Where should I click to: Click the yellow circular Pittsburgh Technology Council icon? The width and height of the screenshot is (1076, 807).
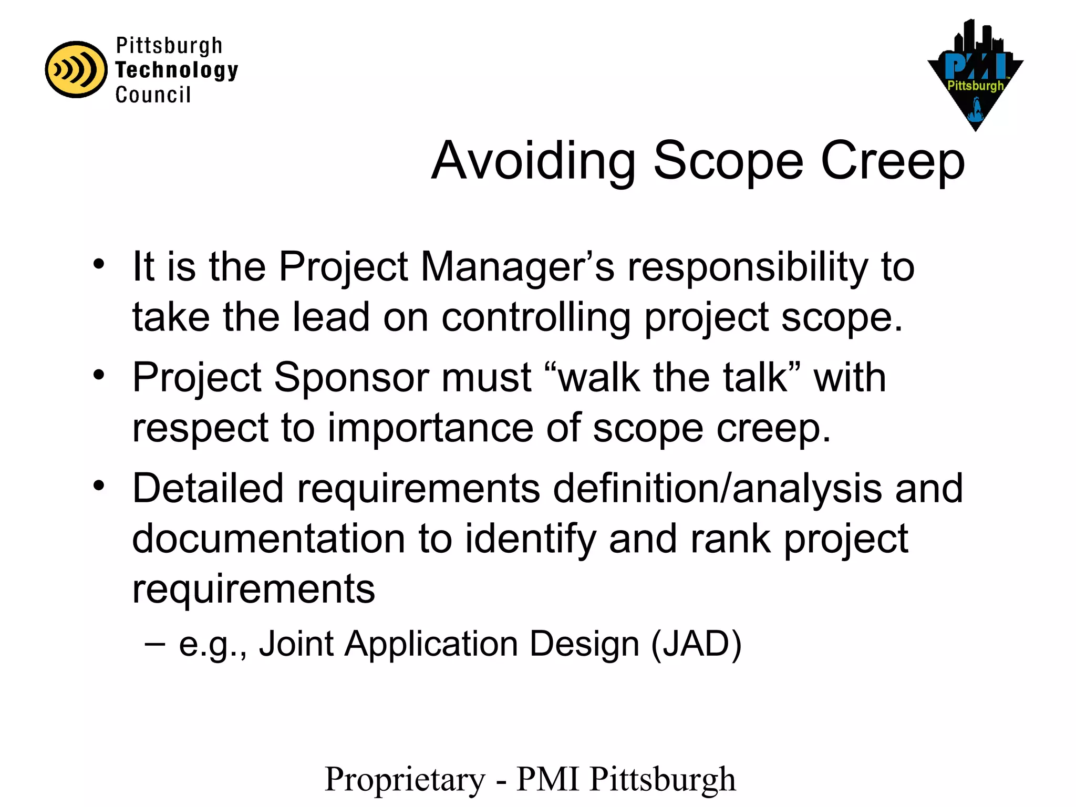[x=76, y=70]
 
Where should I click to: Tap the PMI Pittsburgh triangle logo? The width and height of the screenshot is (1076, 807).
[x=975, y=76]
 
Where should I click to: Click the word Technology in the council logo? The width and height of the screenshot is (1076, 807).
[x=177, y=70]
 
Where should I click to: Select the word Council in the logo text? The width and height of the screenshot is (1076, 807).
[x=153, y=95]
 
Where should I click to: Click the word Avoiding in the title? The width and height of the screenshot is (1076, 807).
[x=533, y=161]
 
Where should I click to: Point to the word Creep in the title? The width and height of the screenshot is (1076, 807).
[x=893, y=161]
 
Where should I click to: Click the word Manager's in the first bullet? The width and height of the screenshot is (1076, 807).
[x=517, y=267]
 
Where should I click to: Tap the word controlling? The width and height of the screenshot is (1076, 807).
[x=535, y=317]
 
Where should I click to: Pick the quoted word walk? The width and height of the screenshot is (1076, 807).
[x=593, y=378]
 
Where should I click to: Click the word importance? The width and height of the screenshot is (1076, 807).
[x=430, y=428]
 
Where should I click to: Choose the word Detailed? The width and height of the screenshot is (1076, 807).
[x=208, y=488]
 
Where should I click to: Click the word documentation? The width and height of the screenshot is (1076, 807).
[x=268, y=539]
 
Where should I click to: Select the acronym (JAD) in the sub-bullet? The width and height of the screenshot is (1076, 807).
[x=696, y=644]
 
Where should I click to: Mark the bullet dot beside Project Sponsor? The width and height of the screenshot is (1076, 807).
[x=99, y=375]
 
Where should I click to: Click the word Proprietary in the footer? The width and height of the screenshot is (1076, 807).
[x=405, y=779]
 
